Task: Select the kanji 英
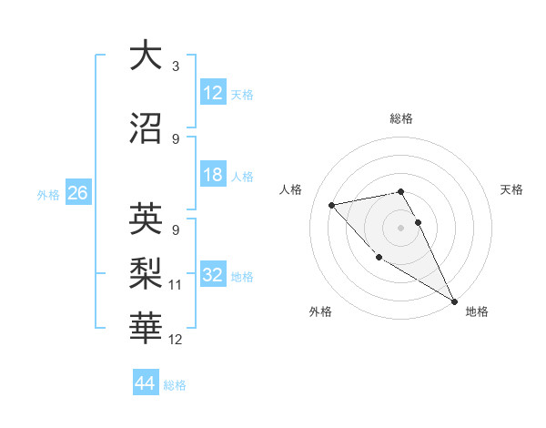pos(146,219)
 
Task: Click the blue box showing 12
pos(213,93)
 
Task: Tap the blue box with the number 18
pos(213,176)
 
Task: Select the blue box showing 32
pos(213,276)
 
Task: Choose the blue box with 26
pos(77,193)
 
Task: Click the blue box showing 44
pos(146,383)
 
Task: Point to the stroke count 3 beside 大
pos(175,66)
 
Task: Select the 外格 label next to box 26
pos(47,194)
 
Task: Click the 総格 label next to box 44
pos(175,385)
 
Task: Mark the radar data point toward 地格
pos(455,302)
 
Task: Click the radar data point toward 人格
pos(332,204)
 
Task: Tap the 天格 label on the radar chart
pos(511,189)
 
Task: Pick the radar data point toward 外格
pos(379,257)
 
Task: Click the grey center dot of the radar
pos(400,227)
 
